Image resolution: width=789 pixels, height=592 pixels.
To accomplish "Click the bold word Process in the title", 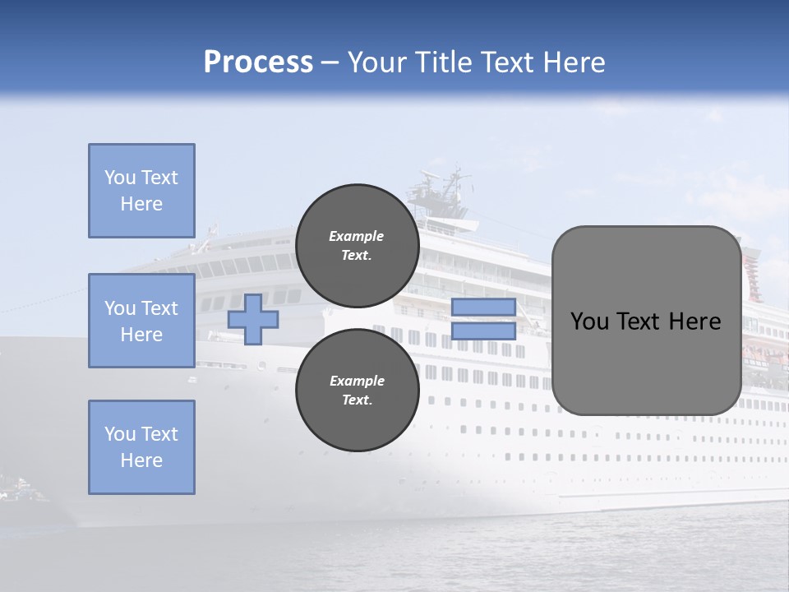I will click(x=258, y=62).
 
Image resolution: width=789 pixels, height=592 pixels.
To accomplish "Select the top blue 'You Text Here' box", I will click(x=141, y=191).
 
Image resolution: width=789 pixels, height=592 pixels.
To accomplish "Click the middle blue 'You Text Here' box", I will click(x=141, y=321).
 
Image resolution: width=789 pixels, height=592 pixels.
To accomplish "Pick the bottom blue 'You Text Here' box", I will click(x=141, y=446).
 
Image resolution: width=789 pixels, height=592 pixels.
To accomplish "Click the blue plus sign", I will click(x=253, y=319).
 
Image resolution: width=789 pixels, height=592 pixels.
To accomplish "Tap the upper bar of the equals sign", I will click(x=483, y=308).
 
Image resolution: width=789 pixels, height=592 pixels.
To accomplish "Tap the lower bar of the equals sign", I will click(x=483, y=331).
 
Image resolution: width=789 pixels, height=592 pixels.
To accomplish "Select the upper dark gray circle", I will click(x=357, y=245).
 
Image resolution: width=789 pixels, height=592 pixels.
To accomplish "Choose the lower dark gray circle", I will click(x=357, y=391).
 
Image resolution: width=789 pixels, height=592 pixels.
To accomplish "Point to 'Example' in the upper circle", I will click(x=357, y=236).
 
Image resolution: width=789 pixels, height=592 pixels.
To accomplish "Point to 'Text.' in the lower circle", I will click(x=357, y=400).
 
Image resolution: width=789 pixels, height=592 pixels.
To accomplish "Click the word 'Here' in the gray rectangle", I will click(x=695, y=321).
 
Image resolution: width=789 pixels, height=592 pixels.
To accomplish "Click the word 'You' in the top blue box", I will click(x=118, y=178).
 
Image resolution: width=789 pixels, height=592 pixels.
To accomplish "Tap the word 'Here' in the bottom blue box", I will click(x=141, y=460).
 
